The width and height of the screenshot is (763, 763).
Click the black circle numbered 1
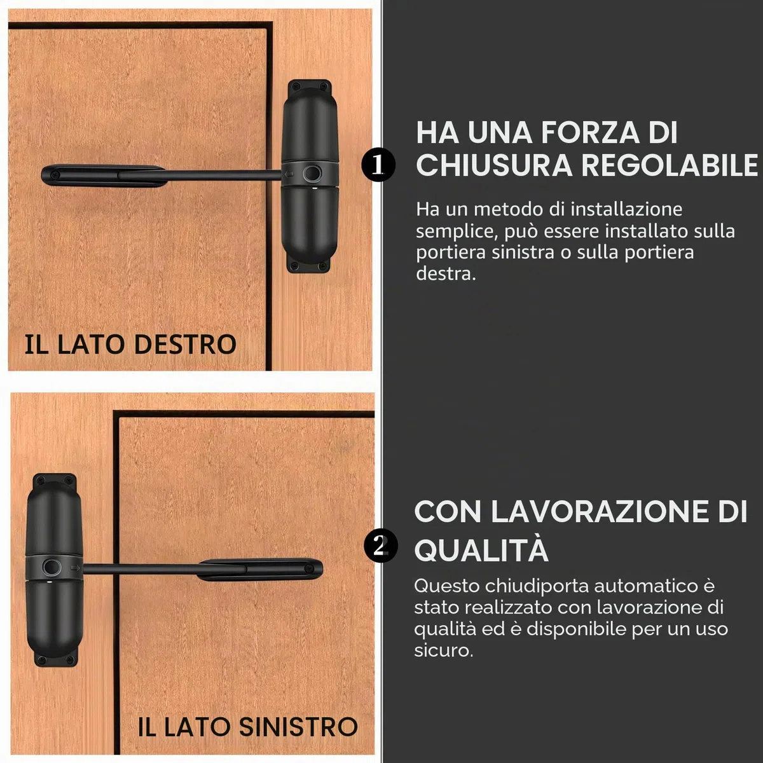[x=378, y=165]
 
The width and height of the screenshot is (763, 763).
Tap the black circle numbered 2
[x=380, y=545]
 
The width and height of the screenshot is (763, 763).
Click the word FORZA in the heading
[x=590, y=132]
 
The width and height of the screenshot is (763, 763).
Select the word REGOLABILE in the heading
[x=670, y=165]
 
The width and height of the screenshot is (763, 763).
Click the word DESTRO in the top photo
[x=185, y=344]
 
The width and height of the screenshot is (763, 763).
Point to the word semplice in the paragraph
[x=457, y=231]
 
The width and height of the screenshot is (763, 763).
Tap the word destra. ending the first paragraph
[x=446, y=273]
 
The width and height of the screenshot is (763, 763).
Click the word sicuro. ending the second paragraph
[x=443, y=650]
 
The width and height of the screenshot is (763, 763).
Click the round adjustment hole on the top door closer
[x=312, y=173]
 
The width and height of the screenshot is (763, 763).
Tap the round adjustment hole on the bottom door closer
[x=52, y=567]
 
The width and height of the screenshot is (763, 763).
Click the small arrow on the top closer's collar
[x=289, y=174]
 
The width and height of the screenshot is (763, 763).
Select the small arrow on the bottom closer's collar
[x=75, y=568]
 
